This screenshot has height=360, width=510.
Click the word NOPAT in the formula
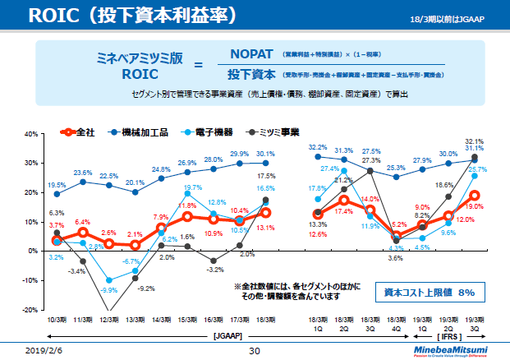point(251,53)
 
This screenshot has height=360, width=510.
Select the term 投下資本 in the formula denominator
point(250,75)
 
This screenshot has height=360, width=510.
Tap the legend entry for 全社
point(80,132)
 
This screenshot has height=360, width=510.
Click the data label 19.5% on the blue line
point(57,185)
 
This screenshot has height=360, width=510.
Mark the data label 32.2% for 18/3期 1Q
point(318,147)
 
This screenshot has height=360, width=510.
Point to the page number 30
point(254,351)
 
